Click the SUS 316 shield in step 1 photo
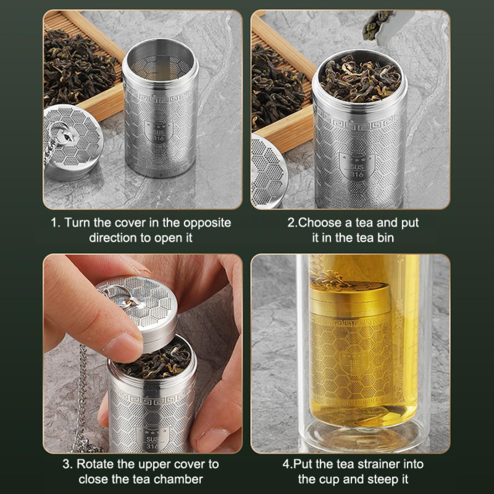[x=159, y=132]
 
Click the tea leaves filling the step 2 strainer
[x=360, y=77]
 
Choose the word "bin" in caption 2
[x=385, y=238]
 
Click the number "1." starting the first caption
[x=56, y=223]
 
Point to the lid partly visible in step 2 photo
[x=269, y=170]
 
